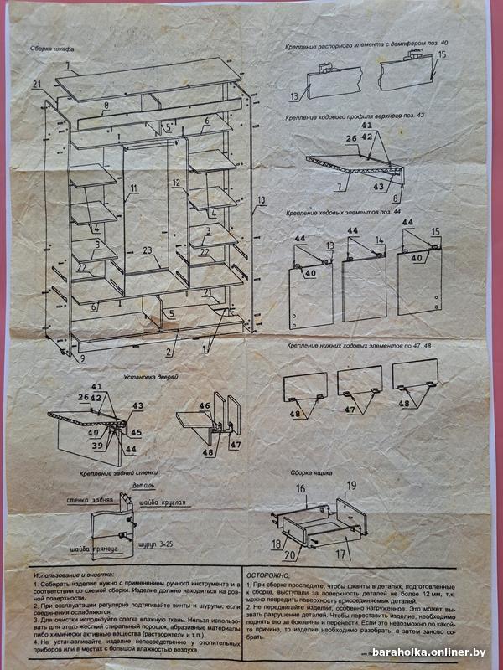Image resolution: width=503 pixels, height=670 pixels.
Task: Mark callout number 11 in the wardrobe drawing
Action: pos(132,188)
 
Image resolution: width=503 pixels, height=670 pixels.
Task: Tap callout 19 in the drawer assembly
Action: pos(352,486)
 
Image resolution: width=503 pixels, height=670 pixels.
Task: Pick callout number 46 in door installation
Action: pos(204,405)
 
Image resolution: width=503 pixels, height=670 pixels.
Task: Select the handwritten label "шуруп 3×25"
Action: pos(155,544)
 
